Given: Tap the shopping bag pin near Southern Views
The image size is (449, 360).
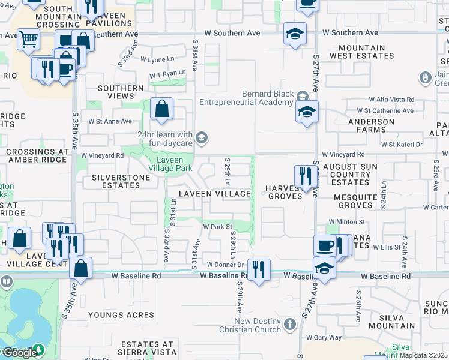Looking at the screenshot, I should tap(161, 110).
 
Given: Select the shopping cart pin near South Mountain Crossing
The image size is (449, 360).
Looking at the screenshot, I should tap(28, 41).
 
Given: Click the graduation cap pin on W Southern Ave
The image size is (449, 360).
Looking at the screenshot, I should tap(295, 34).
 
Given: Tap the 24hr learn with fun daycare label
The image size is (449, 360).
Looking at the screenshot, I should tap(164, 139).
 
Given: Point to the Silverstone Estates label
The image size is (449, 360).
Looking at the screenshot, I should tap(116, 181).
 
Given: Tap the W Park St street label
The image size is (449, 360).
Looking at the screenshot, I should tap(217, 227).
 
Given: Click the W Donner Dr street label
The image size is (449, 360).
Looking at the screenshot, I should tap(225, 264).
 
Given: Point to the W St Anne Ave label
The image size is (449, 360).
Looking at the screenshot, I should tap(110, 121).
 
